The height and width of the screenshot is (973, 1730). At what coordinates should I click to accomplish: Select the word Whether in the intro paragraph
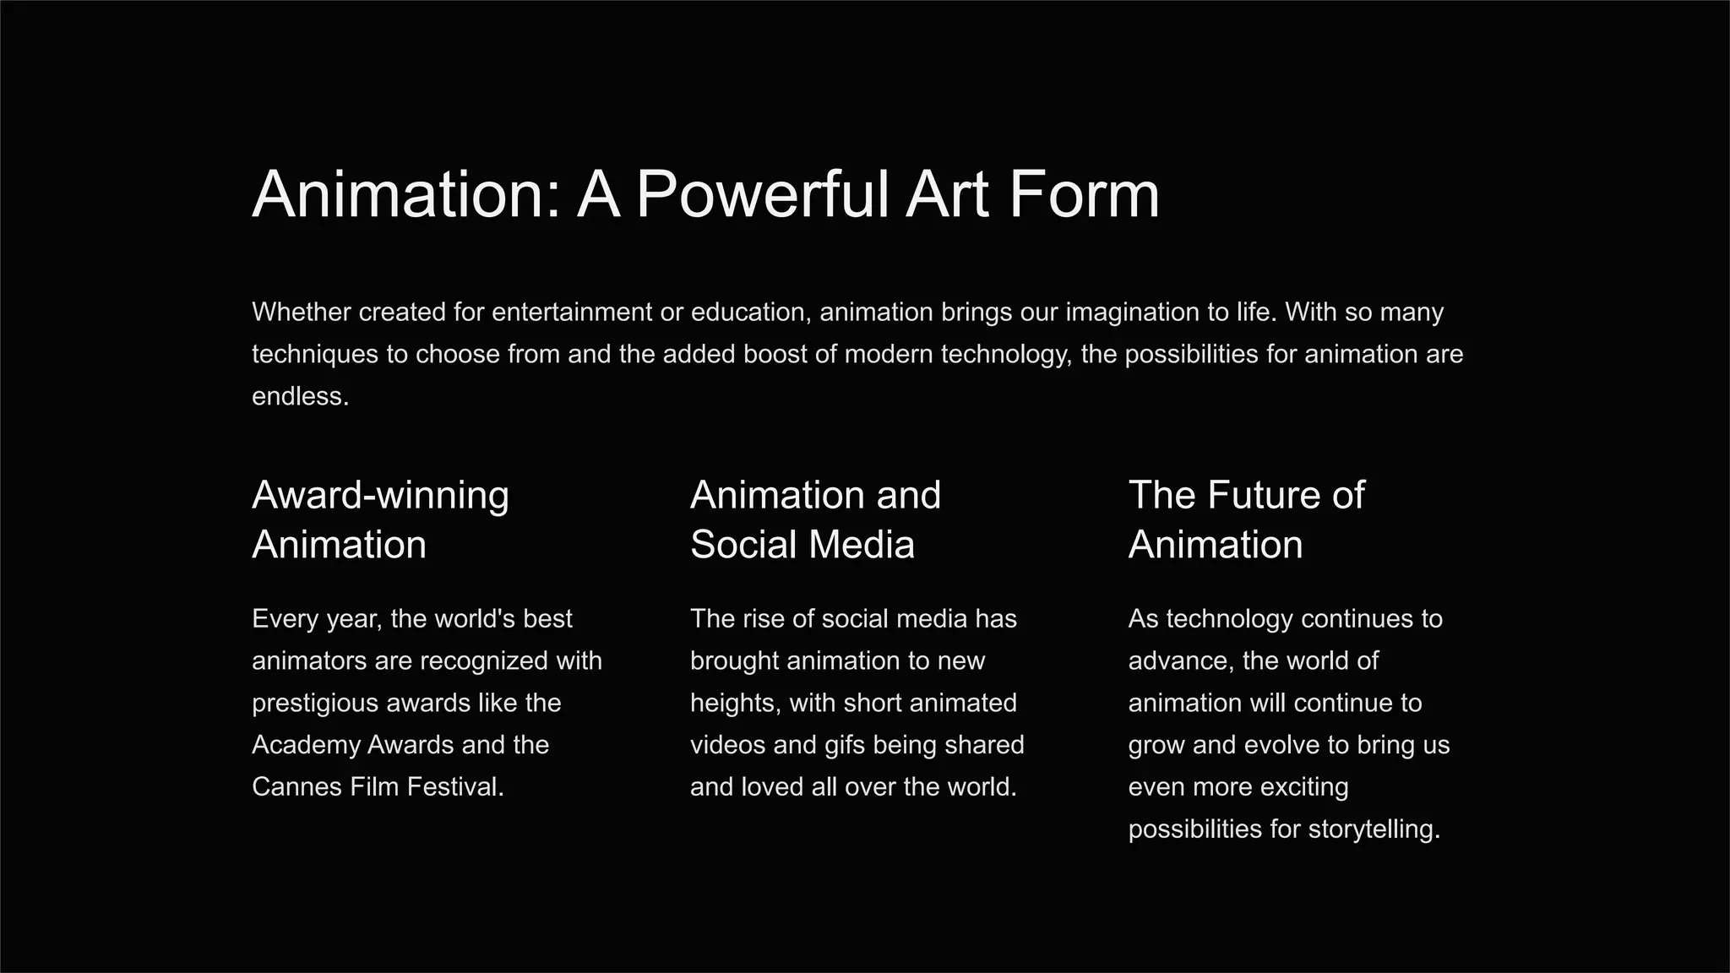[x=302, y=313]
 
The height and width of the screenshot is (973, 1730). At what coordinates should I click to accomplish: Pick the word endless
[x=300, y=396]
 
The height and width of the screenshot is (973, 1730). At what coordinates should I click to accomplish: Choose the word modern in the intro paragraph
[x=889, y=354]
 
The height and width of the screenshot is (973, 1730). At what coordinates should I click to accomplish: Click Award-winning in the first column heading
[x=380, y=496]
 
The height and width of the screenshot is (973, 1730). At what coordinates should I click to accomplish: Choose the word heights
[x=734, y=704]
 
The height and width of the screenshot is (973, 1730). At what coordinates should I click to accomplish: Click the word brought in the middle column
[x=734, y=661]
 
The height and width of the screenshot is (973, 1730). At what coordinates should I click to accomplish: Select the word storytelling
[x=1374, y=829]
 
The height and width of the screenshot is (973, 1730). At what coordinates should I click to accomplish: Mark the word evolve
[x=1307, y=745]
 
